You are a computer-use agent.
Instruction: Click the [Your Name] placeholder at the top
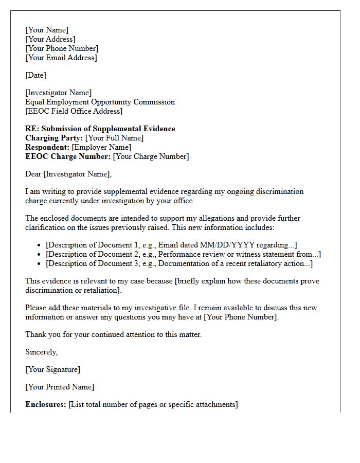click(47, 30)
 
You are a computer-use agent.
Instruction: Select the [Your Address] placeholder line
click(50, 39)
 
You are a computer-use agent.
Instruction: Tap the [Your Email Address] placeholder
click(61, 58)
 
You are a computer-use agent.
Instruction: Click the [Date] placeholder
click(36, 75)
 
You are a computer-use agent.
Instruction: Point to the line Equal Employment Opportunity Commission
click(100, 102)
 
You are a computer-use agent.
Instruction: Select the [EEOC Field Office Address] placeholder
click(74, 111)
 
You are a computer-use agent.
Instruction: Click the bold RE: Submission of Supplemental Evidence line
click(100, 129)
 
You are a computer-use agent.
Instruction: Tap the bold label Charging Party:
click(54, 138)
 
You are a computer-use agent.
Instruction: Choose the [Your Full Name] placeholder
click(114, 138)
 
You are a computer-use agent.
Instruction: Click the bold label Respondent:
click(47, 147)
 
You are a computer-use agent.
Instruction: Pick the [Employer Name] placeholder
click(101, 147)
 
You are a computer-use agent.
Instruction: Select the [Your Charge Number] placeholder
click(151, 156)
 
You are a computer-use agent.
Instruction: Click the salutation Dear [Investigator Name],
click(68, 174)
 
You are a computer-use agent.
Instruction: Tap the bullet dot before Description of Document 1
click(39, 245)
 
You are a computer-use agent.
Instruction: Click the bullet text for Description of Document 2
click(183, 254)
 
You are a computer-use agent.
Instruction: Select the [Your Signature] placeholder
click(53, 369)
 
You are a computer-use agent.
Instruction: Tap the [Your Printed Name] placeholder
click(60, 387)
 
